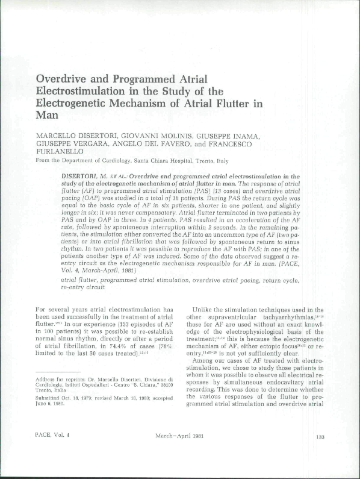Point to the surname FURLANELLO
pos(59,152)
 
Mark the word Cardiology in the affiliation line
pos(117,161)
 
